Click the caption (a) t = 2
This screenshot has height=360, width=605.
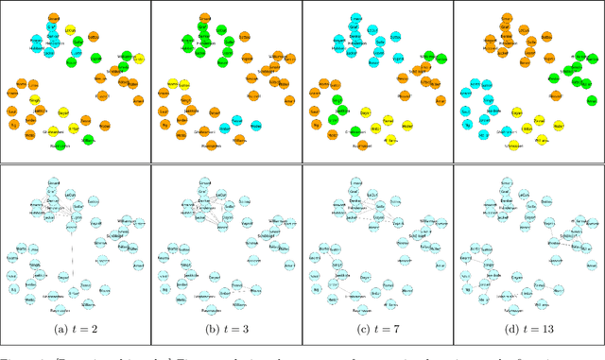click(75, 329)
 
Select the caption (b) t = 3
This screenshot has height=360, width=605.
click(226, 329)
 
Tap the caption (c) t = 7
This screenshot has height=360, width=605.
click(377, 329)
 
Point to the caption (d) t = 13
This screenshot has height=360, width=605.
click(528, 329)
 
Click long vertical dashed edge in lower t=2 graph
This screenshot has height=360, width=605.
click(72, 253)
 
